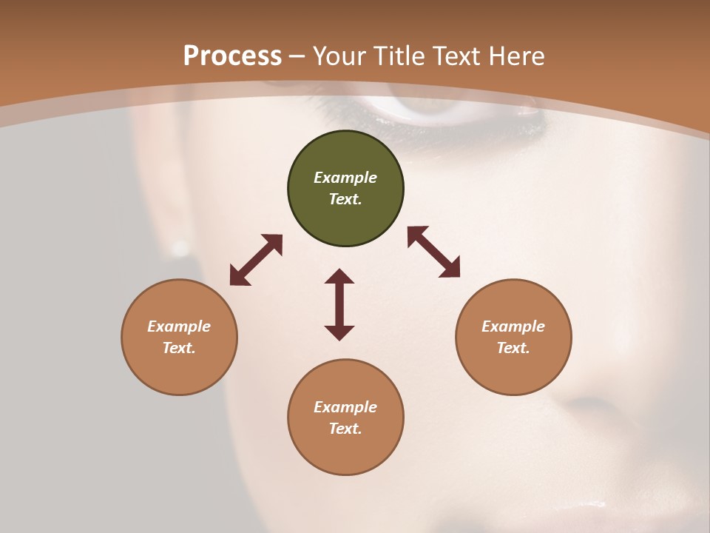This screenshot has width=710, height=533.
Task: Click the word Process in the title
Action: [232, 56]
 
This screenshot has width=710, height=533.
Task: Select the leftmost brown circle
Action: [179, 337]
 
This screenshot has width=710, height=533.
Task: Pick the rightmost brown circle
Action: [513, 337]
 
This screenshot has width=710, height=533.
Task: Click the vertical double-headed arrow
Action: [339, 304]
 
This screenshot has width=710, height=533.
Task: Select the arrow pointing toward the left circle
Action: [256, 260]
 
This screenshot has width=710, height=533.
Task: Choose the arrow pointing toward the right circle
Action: [434, 252]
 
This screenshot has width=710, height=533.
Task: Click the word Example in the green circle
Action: [345, 178]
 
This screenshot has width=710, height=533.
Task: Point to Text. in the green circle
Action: [345, 199]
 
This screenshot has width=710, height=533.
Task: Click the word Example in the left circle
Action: [179, 326]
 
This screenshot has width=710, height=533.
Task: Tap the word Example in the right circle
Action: [513, 326]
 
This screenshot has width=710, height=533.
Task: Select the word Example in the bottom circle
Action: [345, 407]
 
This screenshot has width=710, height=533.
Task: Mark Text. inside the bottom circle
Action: [345, 429]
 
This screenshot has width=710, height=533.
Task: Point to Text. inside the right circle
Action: [513, 348]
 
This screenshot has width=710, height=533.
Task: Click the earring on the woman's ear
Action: [180, 247]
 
